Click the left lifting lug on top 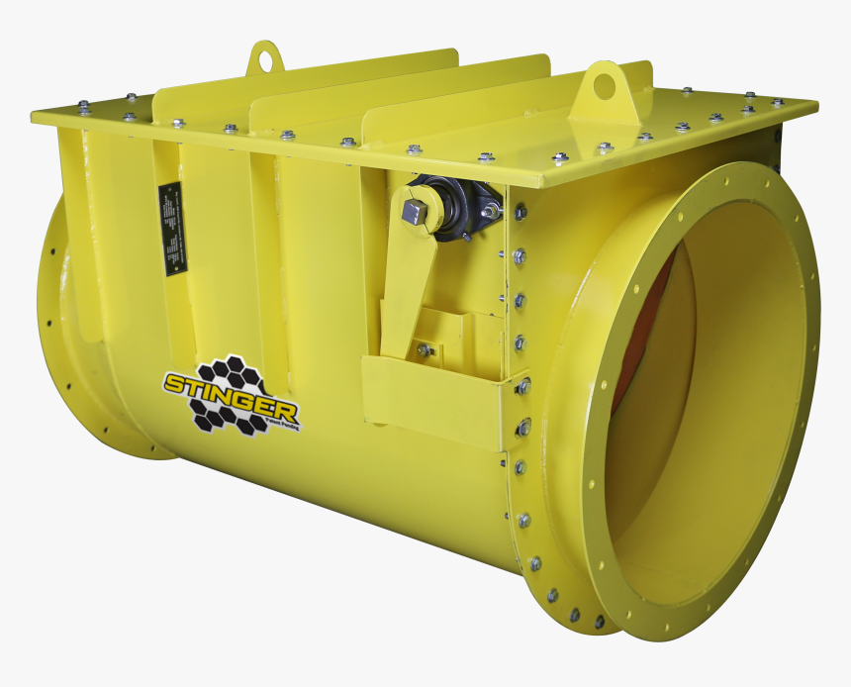(264, 58)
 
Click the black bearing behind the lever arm (456, 203)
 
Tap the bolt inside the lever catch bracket (425, 349)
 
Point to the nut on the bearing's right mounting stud (489, 212)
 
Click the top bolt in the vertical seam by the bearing (520, 212)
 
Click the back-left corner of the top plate (36, 116)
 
